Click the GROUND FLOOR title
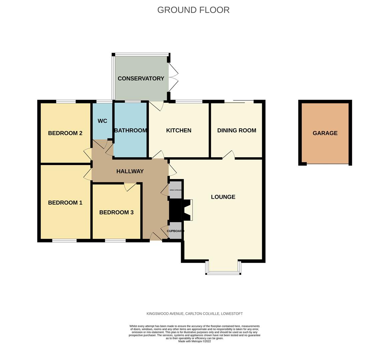click(x=193, y=10)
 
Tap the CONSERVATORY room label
click(x=141, y=79)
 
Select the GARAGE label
click(x=325, y=133)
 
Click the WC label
click(x=102, y=121)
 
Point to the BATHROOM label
click(x=131, y=131)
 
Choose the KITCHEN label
click(x=179, y=131)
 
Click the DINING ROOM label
click(x=237, y=131)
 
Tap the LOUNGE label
click(x=223, y=197)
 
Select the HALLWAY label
click(x=130, y=171)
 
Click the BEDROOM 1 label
click(x=65, y=203)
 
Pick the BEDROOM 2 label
click(x=65, y=133)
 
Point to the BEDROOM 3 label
click(x=116, y=212)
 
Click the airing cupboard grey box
click(x=175, y=190)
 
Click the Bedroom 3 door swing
click(x=130, y=187)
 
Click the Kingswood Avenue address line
click(x=194, y=314)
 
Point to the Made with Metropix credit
click(x=194, y=341)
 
